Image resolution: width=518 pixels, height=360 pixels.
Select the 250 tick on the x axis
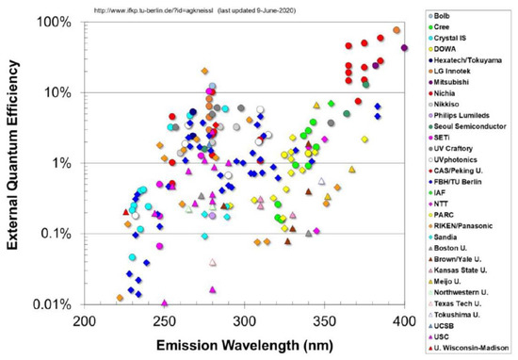click(166, 320)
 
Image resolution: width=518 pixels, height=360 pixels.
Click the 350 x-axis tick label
click(326, 320)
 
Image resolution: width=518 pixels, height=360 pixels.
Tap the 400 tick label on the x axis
click(405, 320)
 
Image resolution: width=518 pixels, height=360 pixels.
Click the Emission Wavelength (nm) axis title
click(246, 343)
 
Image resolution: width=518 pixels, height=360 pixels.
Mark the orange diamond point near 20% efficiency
click(204, 72)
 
